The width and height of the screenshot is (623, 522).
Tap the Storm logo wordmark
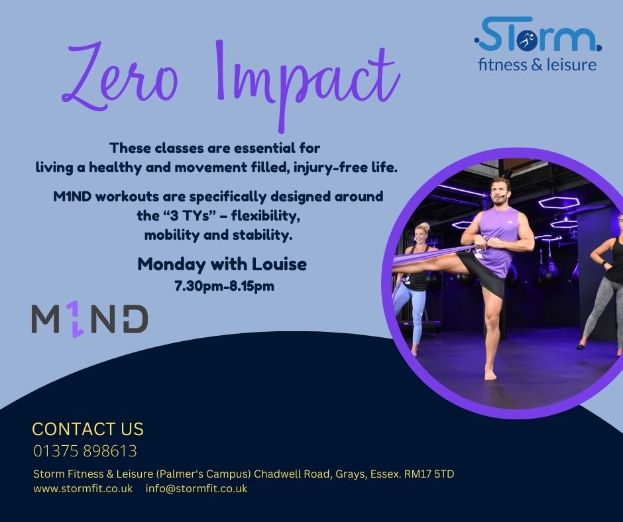538,34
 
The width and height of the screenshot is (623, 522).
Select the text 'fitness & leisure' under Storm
538,64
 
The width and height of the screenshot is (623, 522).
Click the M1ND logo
89,319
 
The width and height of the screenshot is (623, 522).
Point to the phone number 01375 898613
85,451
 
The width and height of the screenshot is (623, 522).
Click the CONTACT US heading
87,429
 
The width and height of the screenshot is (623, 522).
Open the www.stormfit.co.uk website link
83,488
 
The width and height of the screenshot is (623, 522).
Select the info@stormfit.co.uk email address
196,488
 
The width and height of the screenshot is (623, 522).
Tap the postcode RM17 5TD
429,474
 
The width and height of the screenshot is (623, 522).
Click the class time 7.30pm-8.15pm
224,286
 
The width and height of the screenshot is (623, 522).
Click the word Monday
172,264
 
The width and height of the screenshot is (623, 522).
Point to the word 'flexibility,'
265,216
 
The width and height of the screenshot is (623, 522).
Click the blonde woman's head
422,235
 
